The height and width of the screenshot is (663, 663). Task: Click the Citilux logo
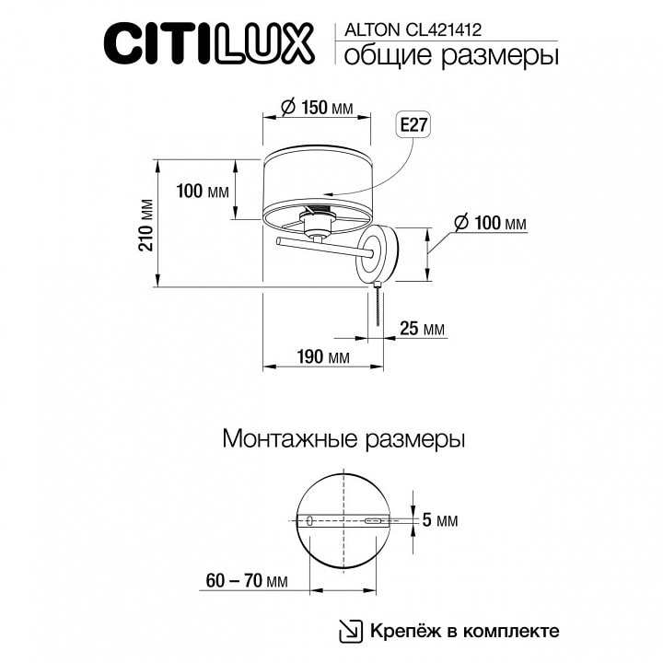(x=209, y=44)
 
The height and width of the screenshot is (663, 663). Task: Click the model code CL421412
(x=444, y=30)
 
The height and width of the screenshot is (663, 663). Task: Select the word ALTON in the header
(x=372, y=30)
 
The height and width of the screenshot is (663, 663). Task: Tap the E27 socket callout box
(x=414, y=124)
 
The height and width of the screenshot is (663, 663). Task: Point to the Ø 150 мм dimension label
(x=318, y=107)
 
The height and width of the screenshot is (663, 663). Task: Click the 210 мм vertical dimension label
(x=146, y=225)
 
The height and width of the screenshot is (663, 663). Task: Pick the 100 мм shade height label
(x=203, y=192)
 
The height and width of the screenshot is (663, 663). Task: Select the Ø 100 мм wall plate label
(x=490, y=223)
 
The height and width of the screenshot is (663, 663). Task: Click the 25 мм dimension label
(x=422, y=328)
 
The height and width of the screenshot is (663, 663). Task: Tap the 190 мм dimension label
(x=323, y=356)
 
